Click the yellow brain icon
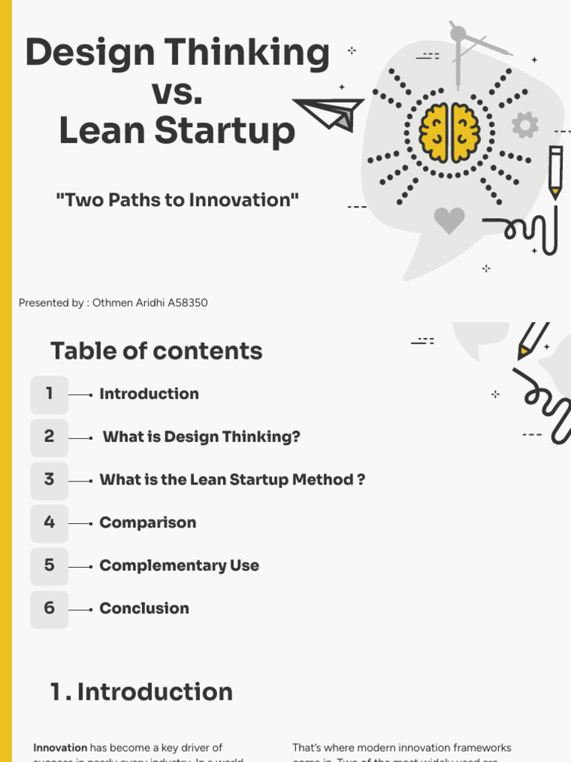click(449, 132)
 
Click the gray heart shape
click(449, 220)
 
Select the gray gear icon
click(525, 125)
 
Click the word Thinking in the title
click(246, 54)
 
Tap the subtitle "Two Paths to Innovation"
click(177, 199)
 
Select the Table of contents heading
click(156, 351)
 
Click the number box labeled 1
click(49, 394)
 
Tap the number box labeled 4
click(49, 523)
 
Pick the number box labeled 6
click(49, 609)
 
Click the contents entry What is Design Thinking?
click(201, 437)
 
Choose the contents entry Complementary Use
click(179, 566)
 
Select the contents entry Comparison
click(148, 523)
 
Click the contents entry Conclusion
click(144, 609)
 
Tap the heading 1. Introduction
click(141, 692)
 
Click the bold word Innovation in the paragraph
click(60, 747)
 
